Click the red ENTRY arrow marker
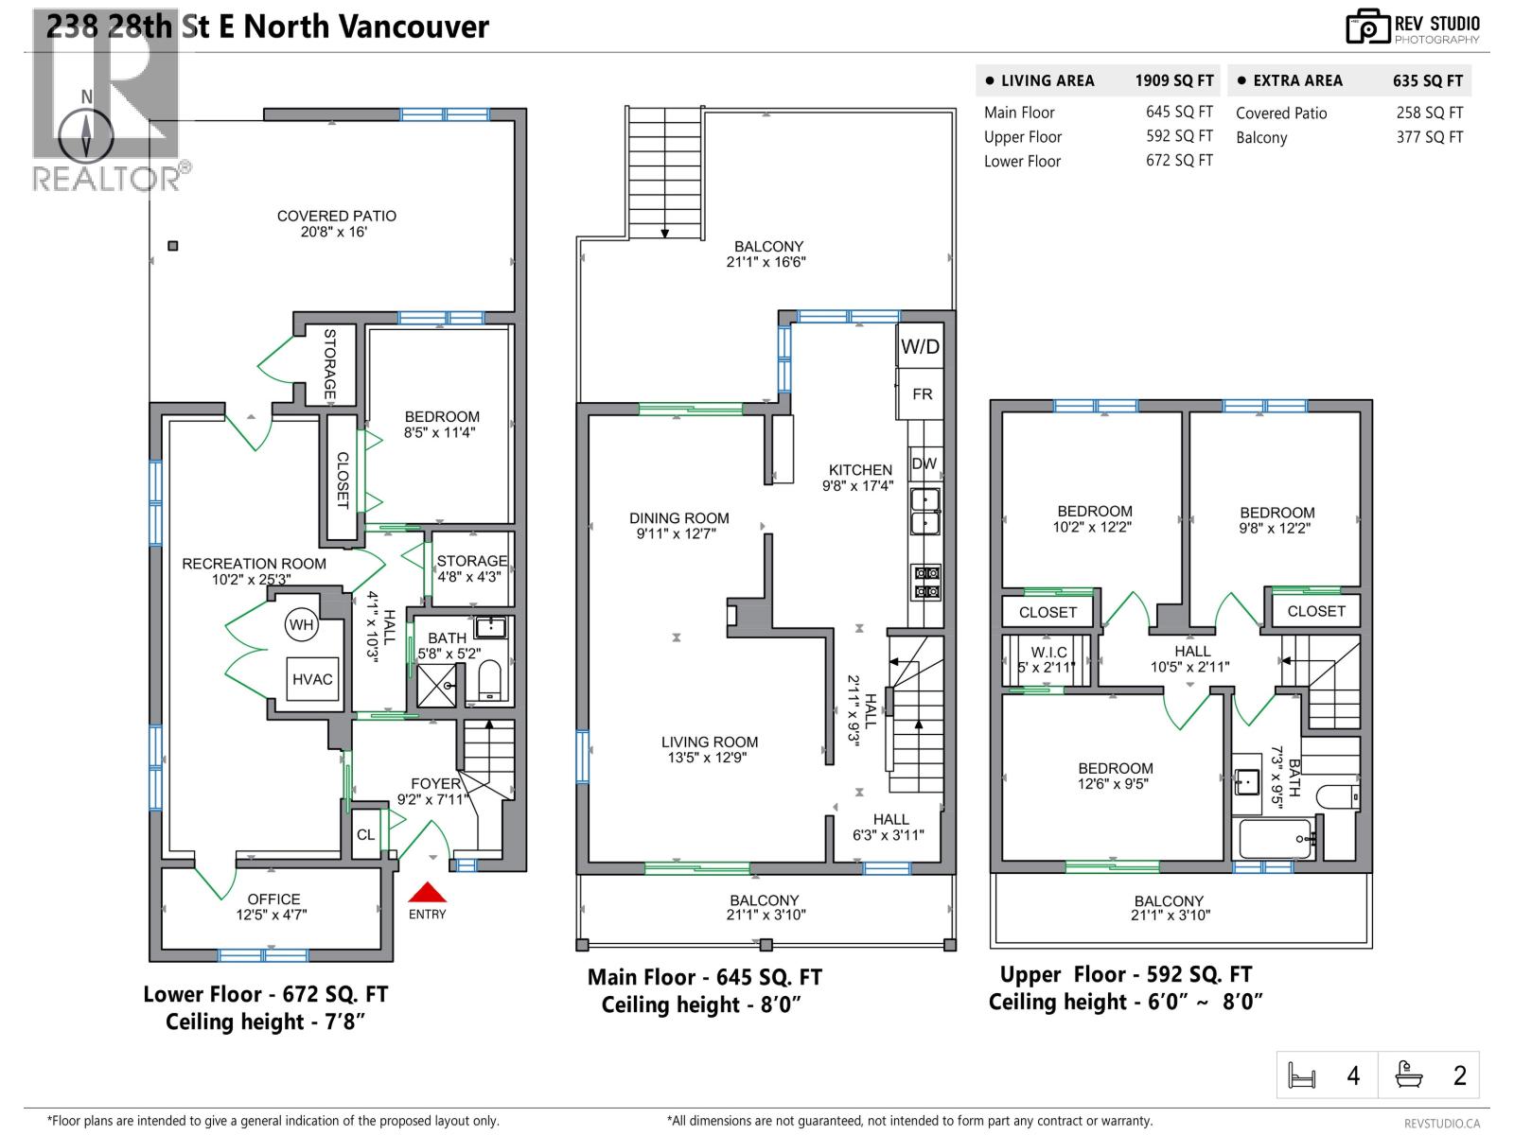tap(427, 893)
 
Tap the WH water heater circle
tap(301, 625)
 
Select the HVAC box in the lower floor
tap(312, 679)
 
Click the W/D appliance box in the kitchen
tap(920, 346)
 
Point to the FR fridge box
tap(922, 394)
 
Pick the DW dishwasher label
tap(924, 463)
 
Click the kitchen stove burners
tap(925, 582)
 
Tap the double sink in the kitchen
tap(924, 512)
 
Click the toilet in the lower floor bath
tap(489, 680)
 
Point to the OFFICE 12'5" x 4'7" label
tap(273, 906)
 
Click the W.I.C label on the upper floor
tap(1048, 653)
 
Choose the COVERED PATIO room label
tap(336, 223)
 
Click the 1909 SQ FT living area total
tap(1173, 81)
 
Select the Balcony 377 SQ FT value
tap(1429, 137)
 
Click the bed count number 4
tap(1353, 1075)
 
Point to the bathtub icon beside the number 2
tap(1409, 1074)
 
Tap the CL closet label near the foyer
tap(365, 834)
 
